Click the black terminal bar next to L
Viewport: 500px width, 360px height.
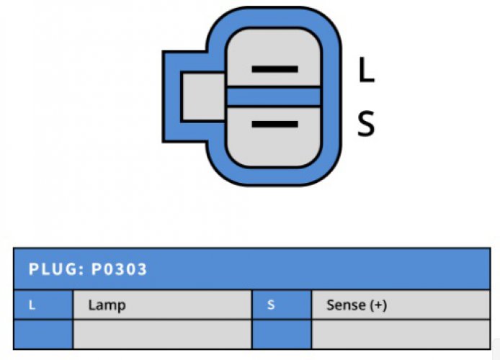tap(275, 69)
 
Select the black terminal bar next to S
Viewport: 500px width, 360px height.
tap(275, 124)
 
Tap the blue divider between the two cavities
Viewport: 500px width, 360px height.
tap(273, 97)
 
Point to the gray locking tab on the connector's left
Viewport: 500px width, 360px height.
tap(203, 97)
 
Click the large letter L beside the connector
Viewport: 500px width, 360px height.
tap(366, 70)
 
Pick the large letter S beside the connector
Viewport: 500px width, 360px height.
tap(366, 124)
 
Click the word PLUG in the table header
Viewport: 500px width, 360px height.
tap(53, 269)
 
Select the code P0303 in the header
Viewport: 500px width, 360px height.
tap(119, 269)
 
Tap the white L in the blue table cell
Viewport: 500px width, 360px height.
tap(32, 305)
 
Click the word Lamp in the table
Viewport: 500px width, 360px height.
tap(107, 305)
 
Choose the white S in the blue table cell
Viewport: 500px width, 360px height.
tap(271, 305)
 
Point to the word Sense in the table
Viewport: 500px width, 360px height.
tap(346, 305)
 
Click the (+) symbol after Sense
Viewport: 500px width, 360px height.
tap(378, 305)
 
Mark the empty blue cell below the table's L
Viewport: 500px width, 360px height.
tap(43, 334)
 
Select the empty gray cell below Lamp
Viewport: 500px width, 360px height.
tap(162, 334)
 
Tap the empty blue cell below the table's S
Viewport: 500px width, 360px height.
tap(282, 334)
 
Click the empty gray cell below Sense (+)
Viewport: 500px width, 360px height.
tap(401, 334)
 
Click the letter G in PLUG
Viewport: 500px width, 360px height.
tap(71, 269)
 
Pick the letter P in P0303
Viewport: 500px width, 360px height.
tap(97, 269)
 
